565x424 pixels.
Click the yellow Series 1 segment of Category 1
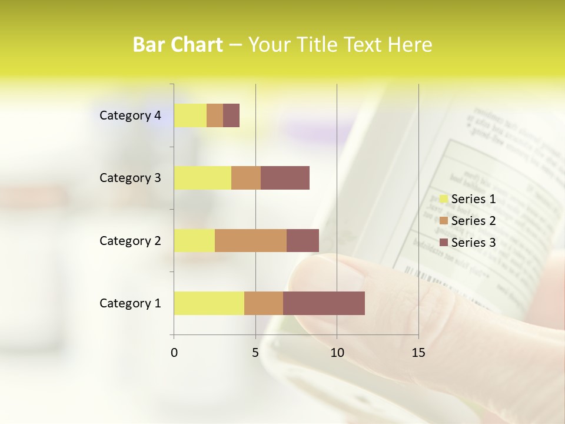pyautogui.click(x=209, y=303)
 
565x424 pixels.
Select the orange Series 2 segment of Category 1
pyautogui.click(x=264, y=303)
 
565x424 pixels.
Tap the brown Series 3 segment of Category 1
pyautogui.click(x=324, y=303)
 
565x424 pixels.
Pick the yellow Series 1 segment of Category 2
pyautogui.click(x=194, y=240)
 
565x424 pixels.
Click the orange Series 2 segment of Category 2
pyautogui.click(x=251, y=240)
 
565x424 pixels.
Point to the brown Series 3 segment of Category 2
pyautogui.click(x=303, y=240)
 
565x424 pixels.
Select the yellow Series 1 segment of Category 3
pyautogui.click(x=202, y=178)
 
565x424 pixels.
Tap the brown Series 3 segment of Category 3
pyautogui.click(x=285, y=178)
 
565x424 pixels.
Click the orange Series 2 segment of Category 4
pyautogui.click(x=215, y=115)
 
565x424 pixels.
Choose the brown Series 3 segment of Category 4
pyautogui.click(x=231, y=115)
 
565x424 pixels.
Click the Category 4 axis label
pyautogui.click(x=130, y=115)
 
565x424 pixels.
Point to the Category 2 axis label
pyautogui.click(x=130, y=240)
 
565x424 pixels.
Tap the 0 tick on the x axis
pyautogui.click(x=174, y=353)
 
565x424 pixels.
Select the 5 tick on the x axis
pyautogui.click(x=255, y=353)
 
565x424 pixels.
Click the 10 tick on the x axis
pyautogui.click(x=337, y=353)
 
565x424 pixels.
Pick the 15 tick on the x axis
pyautogui.click(x=418, y=353)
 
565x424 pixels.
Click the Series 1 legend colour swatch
pyautogui.click(x=444, y=199)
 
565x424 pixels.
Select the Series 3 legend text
pyautogui.click(x=473, y=243)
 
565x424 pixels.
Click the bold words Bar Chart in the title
pyautogui.click(x=178, y=45)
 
